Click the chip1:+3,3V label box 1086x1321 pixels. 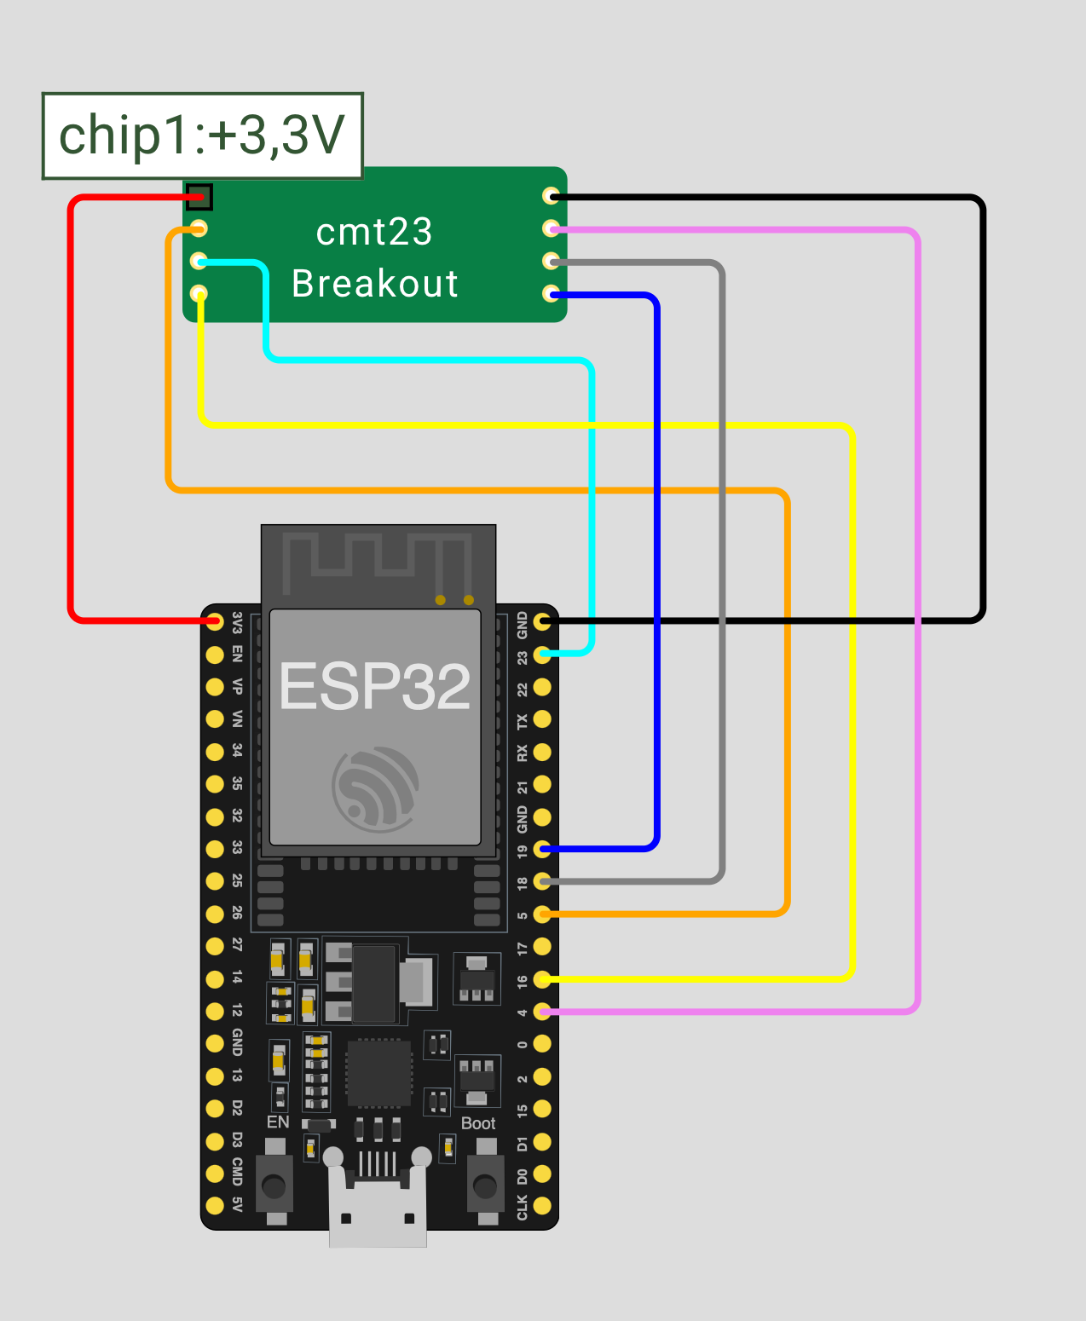click(x=202, y=136)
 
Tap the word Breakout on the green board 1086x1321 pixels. click(x=375, y=284)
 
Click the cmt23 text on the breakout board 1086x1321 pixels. click(x=374, y=232)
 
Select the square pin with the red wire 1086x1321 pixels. click(x=199, y=197)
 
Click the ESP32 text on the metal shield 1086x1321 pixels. click(x=375, y=687)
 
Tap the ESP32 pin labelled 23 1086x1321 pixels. click(x=542, y=655)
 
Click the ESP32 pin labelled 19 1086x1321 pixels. click(x=542, y=849)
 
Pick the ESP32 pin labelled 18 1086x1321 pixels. click(x=542, y=881)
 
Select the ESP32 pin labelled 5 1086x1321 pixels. click(x=542, y=914)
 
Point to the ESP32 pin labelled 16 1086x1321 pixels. click(x=542, y=979)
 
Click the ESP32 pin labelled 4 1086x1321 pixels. click(x=542, y=1012)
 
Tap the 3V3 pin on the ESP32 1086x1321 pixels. click(x=215, y=621)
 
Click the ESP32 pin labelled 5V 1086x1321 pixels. click(x=215, y=1205)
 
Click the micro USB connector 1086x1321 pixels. click(x=378, y=1210)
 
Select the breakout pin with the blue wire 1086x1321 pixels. click(x=552, y=294)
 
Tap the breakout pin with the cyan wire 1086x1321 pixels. click(x=199, y=261)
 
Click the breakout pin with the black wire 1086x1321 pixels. click(x=552, y=196)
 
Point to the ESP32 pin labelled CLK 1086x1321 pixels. click(x=542, y=1206)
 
